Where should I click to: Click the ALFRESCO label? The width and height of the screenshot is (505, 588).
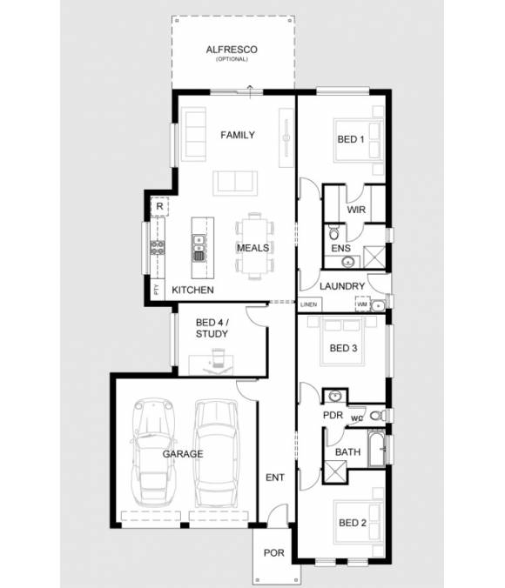(x=231, y=50)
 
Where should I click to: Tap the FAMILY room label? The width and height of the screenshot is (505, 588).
(x=238, y=135)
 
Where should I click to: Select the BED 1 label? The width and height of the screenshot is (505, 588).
(x=351, y=140)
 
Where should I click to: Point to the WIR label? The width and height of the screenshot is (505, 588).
(x=355, y=210)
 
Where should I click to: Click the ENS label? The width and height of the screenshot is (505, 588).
(x=340, y=249)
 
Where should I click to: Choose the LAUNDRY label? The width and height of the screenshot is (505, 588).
(x=341, y=286)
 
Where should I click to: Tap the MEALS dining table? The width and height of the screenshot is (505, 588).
(x=253, y=247)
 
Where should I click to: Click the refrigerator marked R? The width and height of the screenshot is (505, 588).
(x=159, y=207)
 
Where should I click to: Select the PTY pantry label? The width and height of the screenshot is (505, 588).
(x=156, y=291)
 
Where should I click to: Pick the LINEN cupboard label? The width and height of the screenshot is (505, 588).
(x=309, y=305)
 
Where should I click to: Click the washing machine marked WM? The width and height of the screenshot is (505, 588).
(x=360, y=304)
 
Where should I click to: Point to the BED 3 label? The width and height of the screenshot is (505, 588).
(x=343, y=348)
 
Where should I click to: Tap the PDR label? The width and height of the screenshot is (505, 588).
(x=333, y=415)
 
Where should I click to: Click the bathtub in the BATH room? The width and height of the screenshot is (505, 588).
(x=376, y=451)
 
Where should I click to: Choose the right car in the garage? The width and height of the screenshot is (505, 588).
(x=215, y=452)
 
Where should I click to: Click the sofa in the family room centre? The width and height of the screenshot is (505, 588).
(x=236, y=182)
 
